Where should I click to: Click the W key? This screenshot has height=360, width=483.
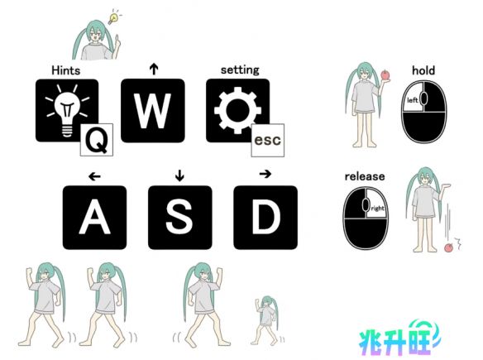pyautogui.click(x=153, y=111)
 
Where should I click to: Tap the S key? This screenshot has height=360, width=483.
pyautogui.click(x=180, y=218)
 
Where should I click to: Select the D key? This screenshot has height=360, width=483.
pyautogui.click(x=265, y=218)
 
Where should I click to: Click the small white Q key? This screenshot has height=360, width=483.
pyautogui.click(x=97, y=140)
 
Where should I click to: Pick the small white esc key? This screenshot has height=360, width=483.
pyautogui.click(x=268, y=140)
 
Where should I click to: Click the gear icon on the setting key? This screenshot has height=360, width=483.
pyautogui.click(x=238, y=110)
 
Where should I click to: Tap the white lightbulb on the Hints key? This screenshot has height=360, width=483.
pyautogui.click(x=67, y=110)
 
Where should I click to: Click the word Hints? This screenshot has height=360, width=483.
pyautogui.click(x=66, y=70)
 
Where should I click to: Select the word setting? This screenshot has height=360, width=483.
pyautogui.click(x=240, y=70)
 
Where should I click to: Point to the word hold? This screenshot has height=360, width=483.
pyautogui.click(x=423, y=70)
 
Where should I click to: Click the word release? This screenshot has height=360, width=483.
pyautogui.click(x=365, y=176)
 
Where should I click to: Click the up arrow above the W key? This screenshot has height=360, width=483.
pyautogui.click(x=154, y=69)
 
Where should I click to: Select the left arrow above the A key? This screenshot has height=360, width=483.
pyautogui.click(x=94, y=176)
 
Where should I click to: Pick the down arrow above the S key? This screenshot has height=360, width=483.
pyautogui.click(x=179, y=175)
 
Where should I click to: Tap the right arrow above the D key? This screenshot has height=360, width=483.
pyautogui.click(x=265, y=174)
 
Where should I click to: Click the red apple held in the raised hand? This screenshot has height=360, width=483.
pyautogui.click(x=385, y=75)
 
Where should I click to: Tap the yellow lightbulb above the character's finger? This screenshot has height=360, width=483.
pyautogui.click(x=113, y=18)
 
